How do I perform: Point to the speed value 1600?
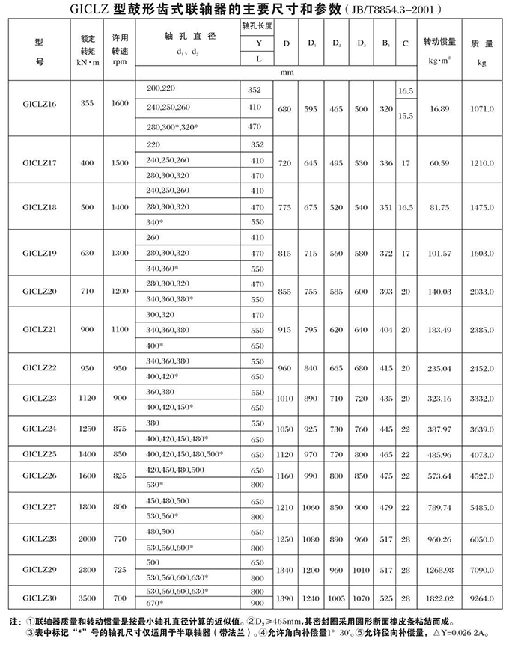[119, 104]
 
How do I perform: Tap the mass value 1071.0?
[481, 108]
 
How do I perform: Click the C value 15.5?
[405, 116]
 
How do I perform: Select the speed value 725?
[119, 570]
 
